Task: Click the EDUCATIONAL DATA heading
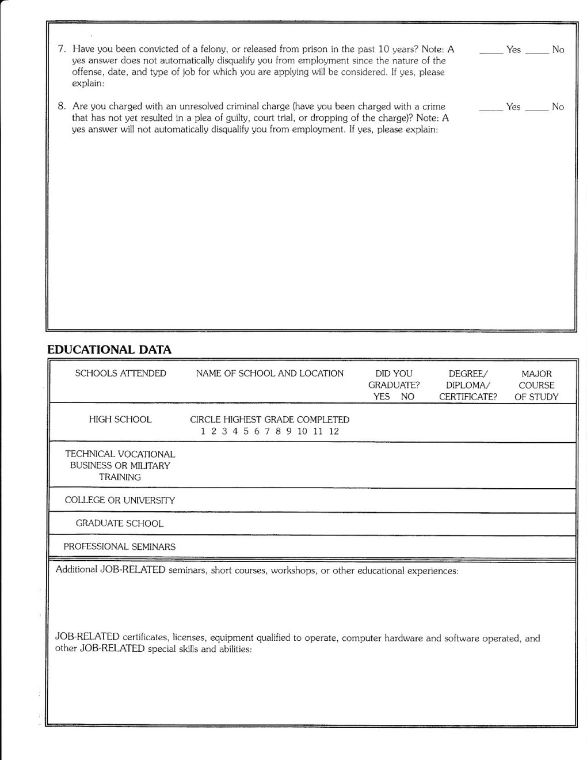click(109, 349)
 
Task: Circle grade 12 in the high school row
click(334, 431)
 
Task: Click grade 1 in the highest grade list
click(203, 431)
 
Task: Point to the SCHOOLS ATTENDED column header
click(121, 374)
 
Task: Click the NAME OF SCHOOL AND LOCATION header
click(269, 374)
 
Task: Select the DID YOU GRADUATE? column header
click(394, 385)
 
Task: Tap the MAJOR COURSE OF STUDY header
click(536, 385)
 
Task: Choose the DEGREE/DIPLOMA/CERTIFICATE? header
click(467, 385)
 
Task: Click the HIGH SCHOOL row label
click(120, 420)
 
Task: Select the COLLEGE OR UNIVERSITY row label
click(120, 500)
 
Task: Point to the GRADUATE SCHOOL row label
click(120, 523)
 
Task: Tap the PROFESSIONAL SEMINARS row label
click(120, 546)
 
